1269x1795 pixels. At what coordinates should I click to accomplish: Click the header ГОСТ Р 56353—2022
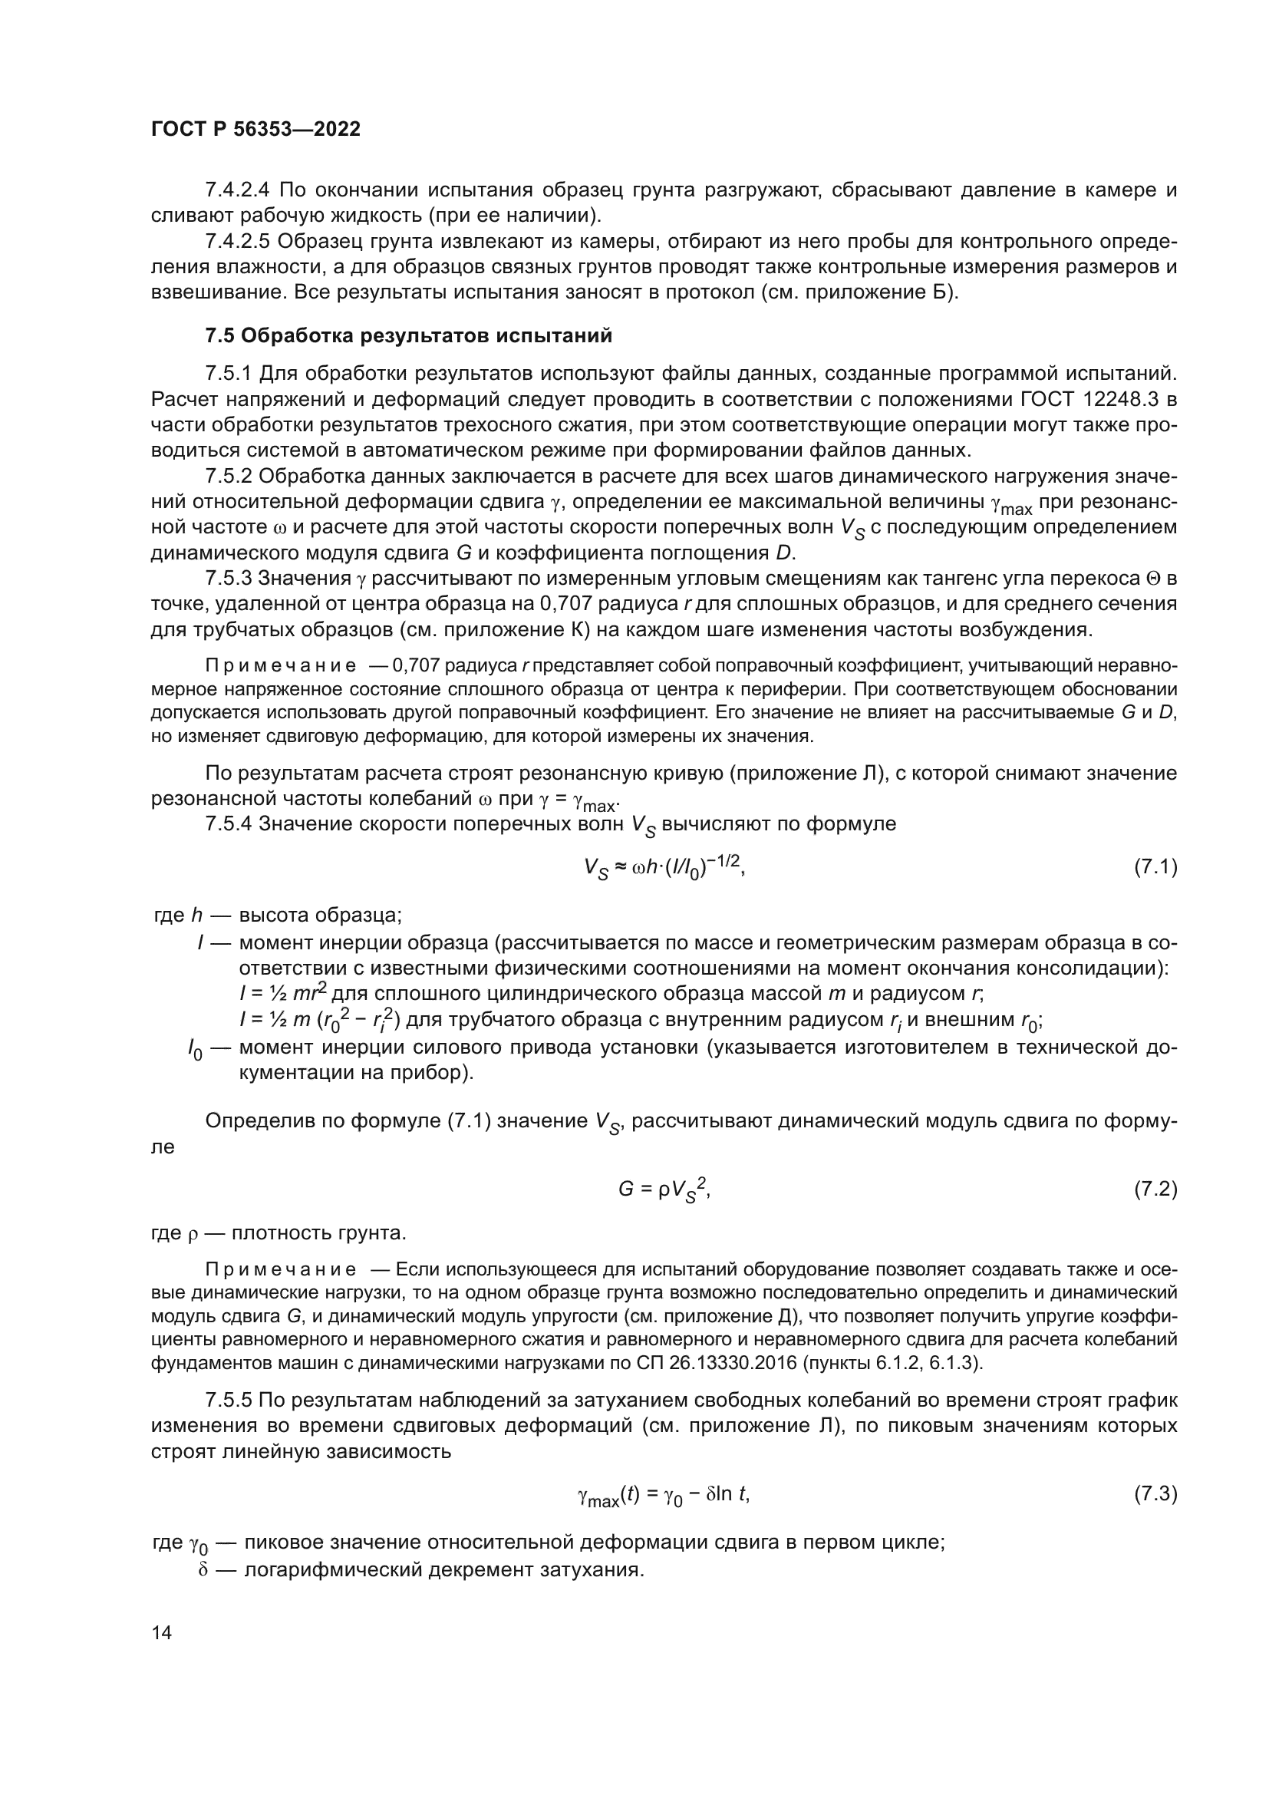(255, 129)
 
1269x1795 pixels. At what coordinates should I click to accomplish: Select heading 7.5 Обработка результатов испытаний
(408, 336)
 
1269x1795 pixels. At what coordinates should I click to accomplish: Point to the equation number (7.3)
(1155, 1495)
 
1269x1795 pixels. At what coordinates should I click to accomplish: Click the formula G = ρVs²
(664, 1190)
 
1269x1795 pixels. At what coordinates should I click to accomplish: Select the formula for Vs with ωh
(664, 867)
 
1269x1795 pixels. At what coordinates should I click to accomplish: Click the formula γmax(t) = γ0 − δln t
(664, 1496)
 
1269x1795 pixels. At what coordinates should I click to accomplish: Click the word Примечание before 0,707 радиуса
(281, 666)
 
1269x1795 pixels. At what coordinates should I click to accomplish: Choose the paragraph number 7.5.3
(228, 579)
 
